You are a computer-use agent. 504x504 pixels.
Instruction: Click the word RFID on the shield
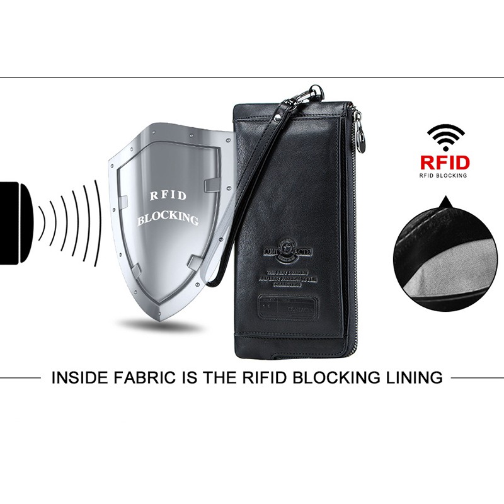[x=168, y=196]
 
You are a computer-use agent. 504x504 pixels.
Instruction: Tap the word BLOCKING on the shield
[x=168, y=219]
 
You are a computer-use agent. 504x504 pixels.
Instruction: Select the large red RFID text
[x=445, y=162]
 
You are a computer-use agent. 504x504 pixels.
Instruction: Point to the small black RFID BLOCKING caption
[x=444, y=175]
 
